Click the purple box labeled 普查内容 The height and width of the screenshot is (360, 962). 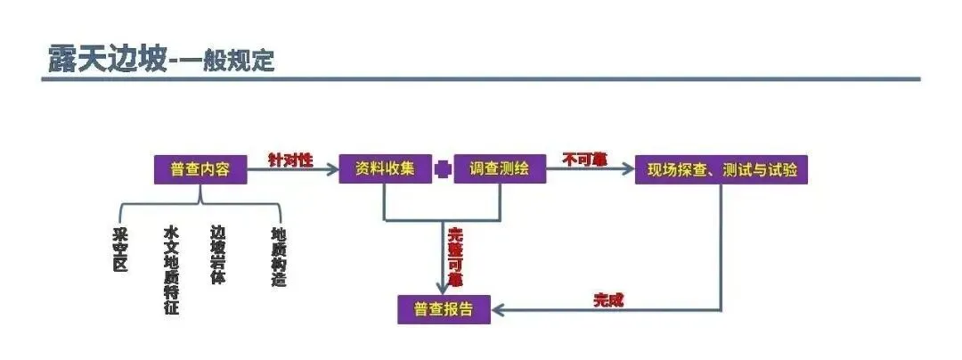tap(200, 169)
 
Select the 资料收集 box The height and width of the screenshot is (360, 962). tap(385, 169)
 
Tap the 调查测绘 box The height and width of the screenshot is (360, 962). tap(499, 169)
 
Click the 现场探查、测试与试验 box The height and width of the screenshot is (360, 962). tap(721, 169)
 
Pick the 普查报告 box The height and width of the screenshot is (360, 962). tap(444, 309)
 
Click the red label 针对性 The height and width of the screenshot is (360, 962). tap(290, 160)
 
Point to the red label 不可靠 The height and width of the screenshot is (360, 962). tap(584, 160)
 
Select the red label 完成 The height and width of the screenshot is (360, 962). tap(608, 299)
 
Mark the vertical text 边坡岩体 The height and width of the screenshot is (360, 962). tap(218, 254)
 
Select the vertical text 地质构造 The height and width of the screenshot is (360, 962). tap(279, 256)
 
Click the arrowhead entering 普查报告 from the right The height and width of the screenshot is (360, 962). tap(500, 310)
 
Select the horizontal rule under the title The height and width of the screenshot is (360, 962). tap(481, 79)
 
